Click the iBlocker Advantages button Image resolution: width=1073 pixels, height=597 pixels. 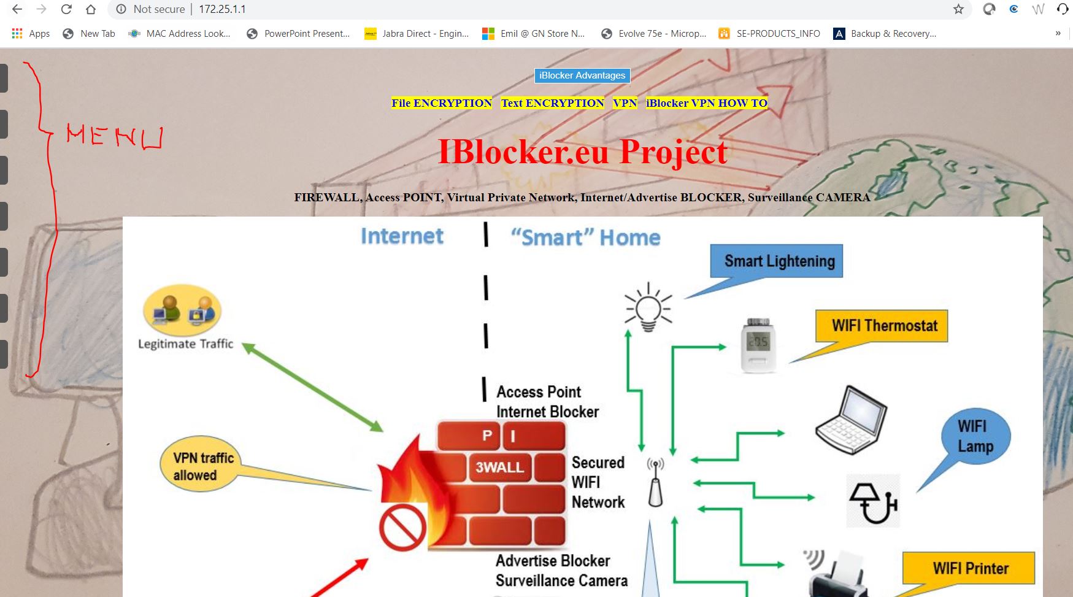pos(582,75)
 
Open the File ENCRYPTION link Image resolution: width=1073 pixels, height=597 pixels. pos(441,103)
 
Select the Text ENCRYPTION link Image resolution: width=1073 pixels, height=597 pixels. pos(552,103)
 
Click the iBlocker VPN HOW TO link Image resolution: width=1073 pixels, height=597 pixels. pos(706,103)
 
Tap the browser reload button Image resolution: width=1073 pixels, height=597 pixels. pos(66,9)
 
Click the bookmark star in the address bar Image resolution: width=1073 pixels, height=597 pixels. pos(958,9)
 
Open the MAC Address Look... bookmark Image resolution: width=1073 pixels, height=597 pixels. pos(179,34)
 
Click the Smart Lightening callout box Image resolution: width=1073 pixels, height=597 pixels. pos(777,261)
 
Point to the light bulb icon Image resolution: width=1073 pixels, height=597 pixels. pos(648,307)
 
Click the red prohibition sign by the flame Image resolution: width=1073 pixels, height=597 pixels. pos(402,527)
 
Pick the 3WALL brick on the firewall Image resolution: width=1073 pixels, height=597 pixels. pos(500,468)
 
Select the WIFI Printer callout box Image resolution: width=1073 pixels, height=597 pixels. pos(970,569)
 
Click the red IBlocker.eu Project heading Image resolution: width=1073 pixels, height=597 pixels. pos(582,152)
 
